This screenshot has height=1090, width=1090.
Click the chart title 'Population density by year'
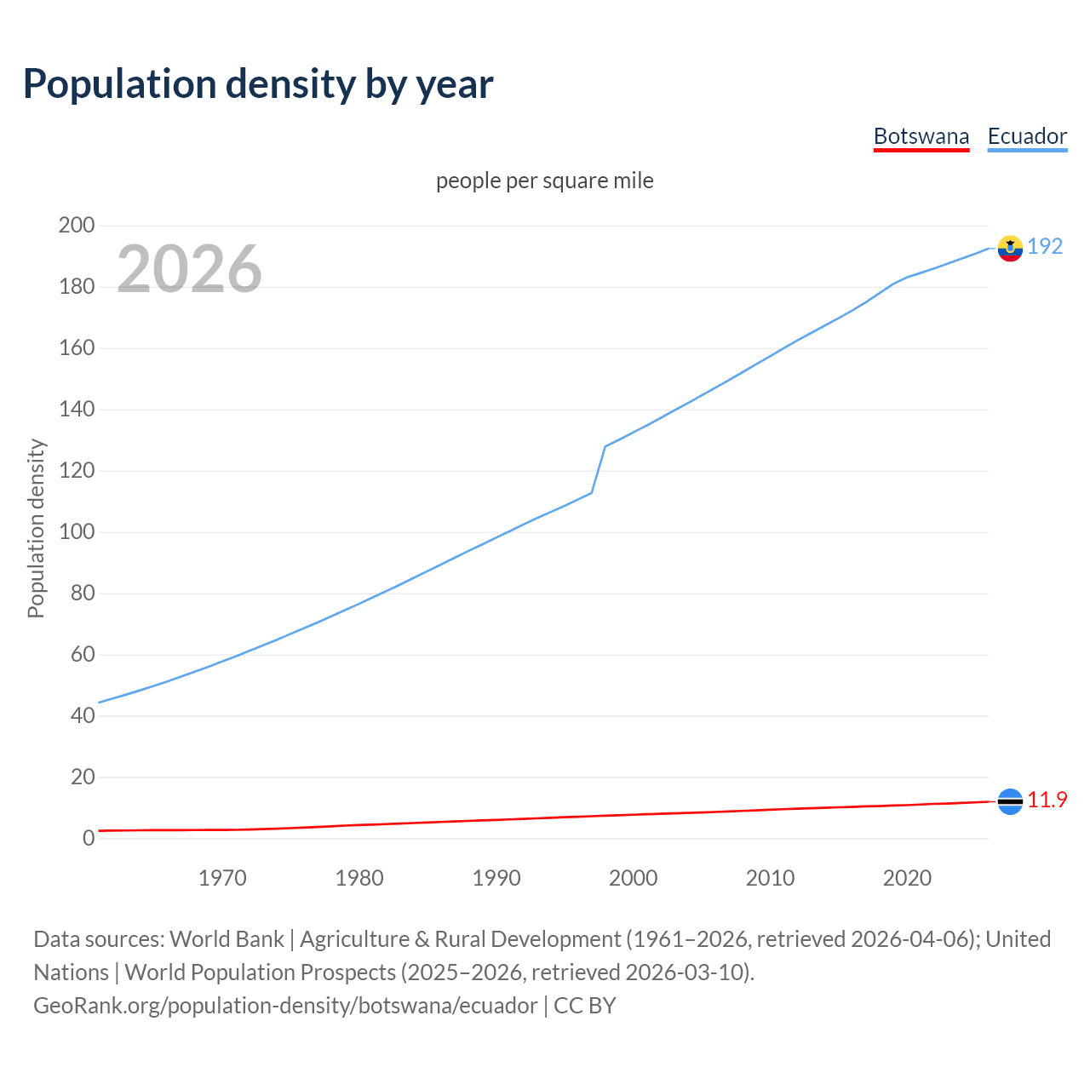pyautogui.click(x=258, y=83)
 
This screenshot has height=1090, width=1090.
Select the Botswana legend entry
pyautogui.click(x=921, y=136)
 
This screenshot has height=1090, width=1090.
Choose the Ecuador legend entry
pyautogui.click(x=1027, y=136)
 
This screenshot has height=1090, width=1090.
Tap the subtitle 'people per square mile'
pyautogui.click(x=544, y=181)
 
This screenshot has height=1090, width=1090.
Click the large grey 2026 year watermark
pyautogui.click(x=189, y=269)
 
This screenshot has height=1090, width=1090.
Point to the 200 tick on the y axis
pyautogui.click(x=77, y=226)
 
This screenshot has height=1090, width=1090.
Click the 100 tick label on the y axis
pyautogui.click(x=77, y=532)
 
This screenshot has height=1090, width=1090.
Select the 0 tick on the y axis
pyautogui.click(x=89, y=838)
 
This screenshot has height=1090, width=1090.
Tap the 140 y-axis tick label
pyautogui.click(x=77, y=410)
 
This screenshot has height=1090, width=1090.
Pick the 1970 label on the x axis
pyautogui.click(x=222, y=878)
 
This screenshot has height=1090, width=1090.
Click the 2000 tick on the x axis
pyautogui.click(x=633, y=878)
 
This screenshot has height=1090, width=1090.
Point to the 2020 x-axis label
pyautogui.click(x=907, y=878)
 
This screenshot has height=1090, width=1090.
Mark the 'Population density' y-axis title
pyautogui.click(x=36, y=528)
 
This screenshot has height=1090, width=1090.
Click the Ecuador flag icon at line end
pyautogui.click(x=1010, y=248)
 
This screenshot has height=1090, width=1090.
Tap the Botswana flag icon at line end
pyautogui.click(x=1010, y=801)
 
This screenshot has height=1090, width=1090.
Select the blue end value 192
pyautogui.click(x=1045, y=246)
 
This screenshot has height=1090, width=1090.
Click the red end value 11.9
pyautogui.click(x=1047, y=800)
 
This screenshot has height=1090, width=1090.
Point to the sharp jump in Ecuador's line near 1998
pyautogui.click(x=599, y=468)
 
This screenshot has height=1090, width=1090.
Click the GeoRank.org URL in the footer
pyautogui.click(x=285, y=1006)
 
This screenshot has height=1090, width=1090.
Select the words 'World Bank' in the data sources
pyautogui.click(x=227, y=939)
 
